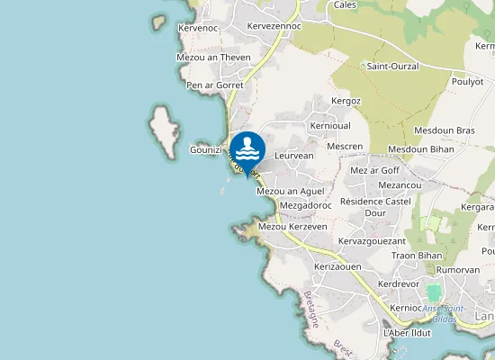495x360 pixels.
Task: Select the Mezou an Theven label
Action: click(x=213, y=58)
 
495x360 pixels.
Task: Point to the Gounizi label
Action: click(x=206, y=150)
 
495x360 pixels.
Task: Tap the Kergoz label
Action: click(x=346, y=101)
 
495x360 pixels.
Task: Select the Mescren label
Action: click(x=345, y=146)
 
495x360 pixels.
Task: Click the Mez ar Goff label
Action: click(x=373, y=170)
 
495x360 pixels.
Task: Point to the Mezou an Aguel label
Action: click(x=290, y=192)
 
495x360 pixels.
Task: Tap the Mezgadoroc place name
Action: click(x=306, y=206)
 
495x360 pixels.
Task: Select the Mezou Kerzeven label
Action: click(x=292, y=227)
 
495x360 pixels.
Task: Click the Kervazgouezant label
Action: click(x=372, y=241)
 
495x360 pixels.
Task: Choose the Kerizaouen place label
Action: click(x=337, y=268)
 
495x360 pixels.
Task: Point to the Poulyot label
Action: click(x=466, y=80)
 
